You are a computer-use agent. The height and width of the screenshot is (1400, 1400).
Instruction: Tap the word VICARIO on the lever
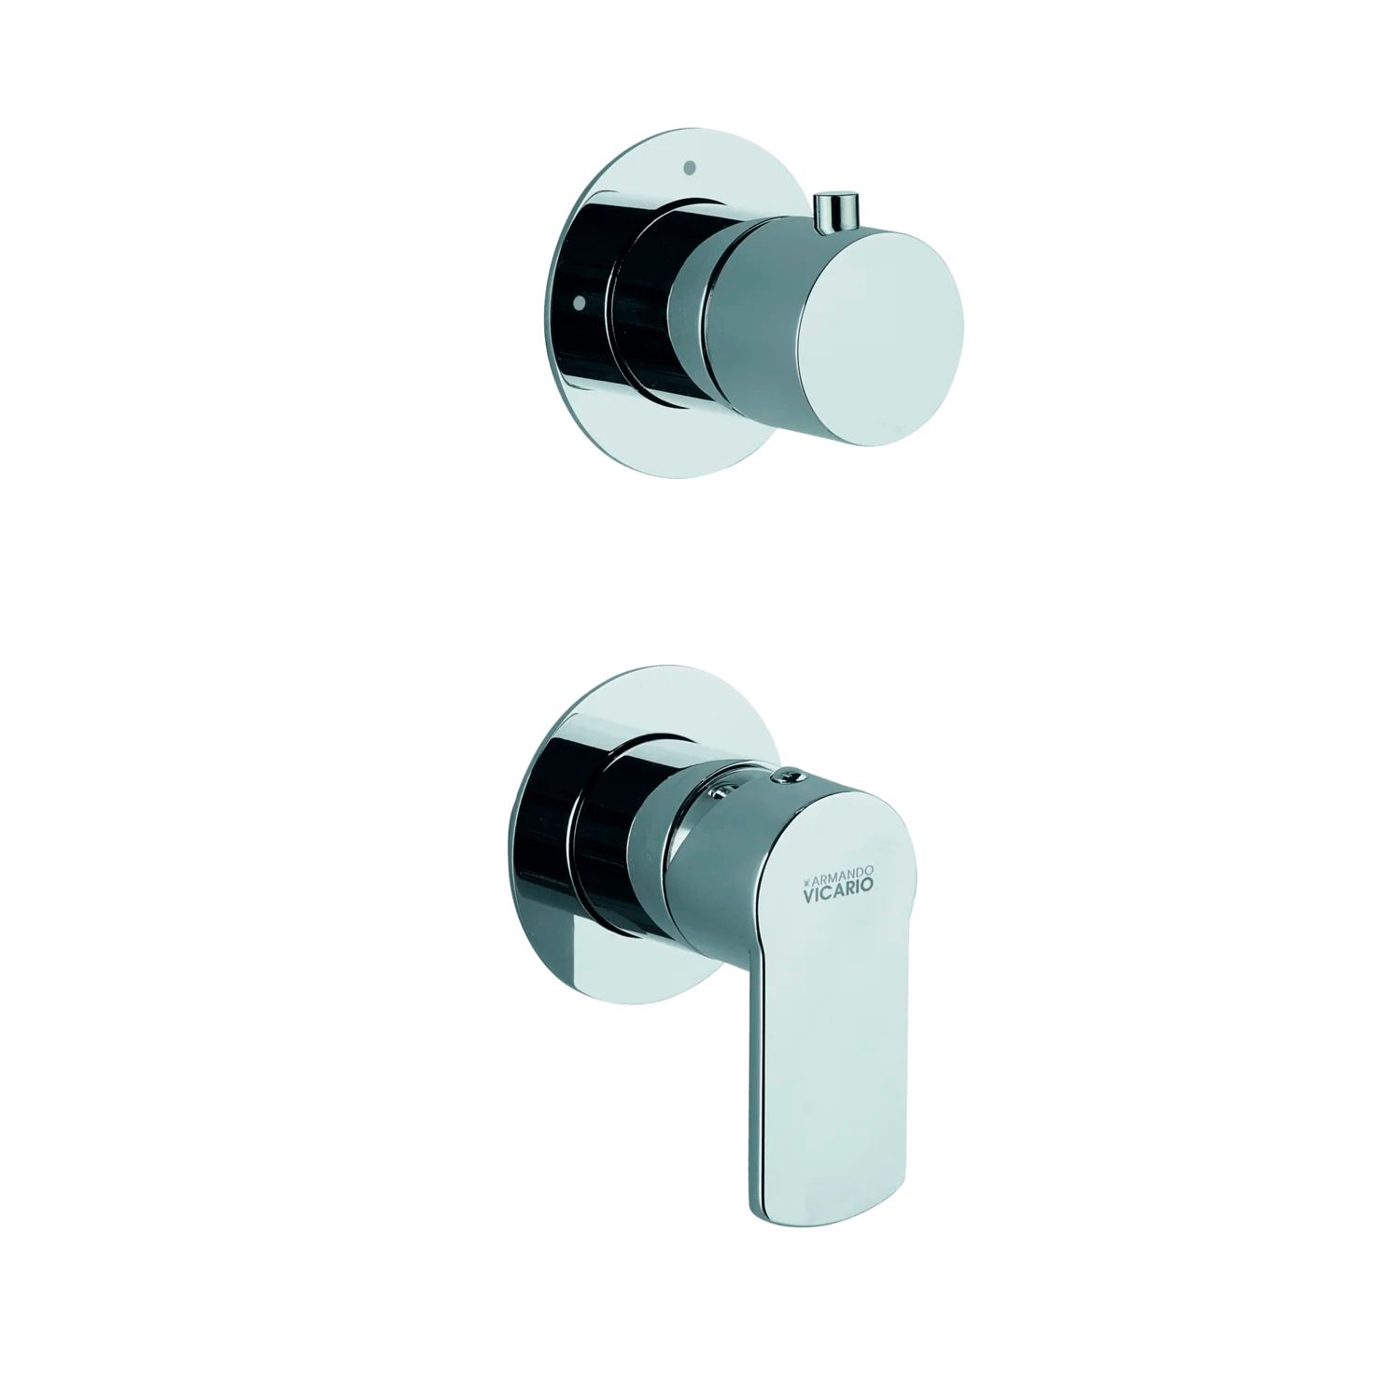(840, 892)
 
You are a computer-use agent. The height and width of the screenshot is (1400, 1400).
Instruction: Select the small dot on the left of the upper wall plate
(580, 301)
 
